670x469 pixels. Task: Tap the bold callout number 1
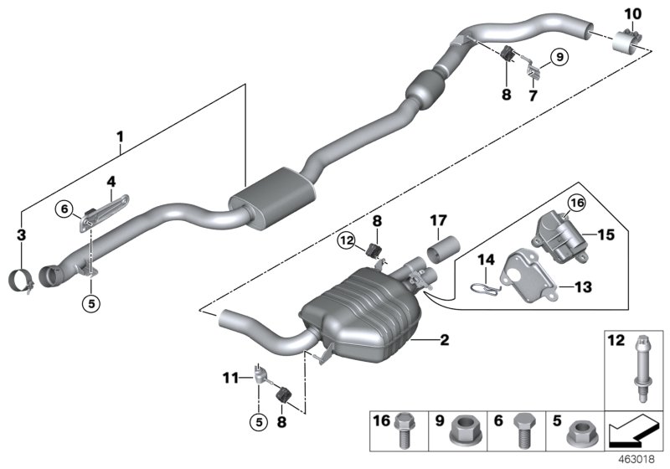pos(119,136)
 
